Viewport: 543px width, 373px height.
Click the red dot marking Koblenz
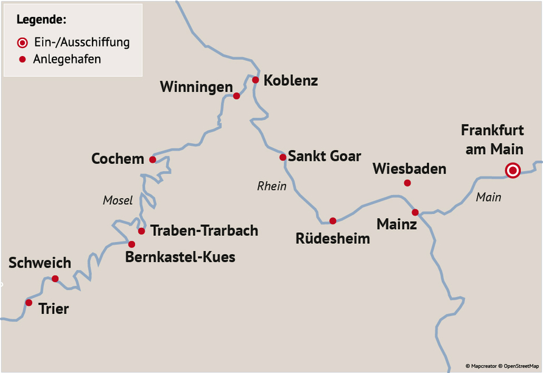[x=256, y=80]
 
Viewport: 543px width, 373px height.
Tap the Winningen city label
[x=196, y=87]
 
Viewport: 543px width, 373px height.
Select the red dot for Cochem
[x=152, y=160]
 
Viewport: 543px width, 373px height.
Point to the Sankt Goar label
[x=324, y=156]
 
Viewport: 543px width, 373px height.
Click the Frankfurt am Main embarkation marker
[x=513, y=171]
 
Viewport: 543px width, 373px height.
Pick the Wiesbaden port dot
[x=407, y=183]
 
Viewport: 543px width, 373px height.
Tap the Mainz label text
[x=396, y=224]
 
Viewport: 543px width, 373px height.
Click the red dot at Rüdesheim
[x=332, y=221]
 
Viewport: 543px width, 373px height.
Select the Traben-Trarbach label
[x=205, y=231]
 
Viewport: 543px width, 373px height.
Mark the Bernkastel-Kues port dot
[x=131, y=244]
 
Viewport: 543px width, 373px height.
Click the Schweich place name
[x=40, y=263]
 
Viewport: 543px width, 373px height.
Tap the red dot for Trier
[x=29, y=302]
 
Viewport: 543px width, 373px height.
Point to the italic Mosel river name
[x=117, y=201]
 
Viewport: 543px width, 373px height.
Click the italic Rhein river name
[x=271, y=187]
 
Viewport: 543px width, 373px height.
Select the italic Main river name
[x=488, y=197]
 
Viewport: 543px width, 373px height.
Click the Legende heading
[x=41, y=20]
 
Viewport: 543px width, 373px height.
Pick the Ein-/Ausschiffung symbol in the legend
[x=23, y=43]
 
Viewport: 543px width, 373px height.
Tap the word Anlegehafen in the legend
[x=68, y=59]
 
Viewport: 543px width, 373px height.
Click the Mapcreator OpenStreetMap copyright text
[x=502, y=366]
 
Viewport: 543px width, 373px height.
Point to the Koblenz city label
[x=290, y=80]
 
